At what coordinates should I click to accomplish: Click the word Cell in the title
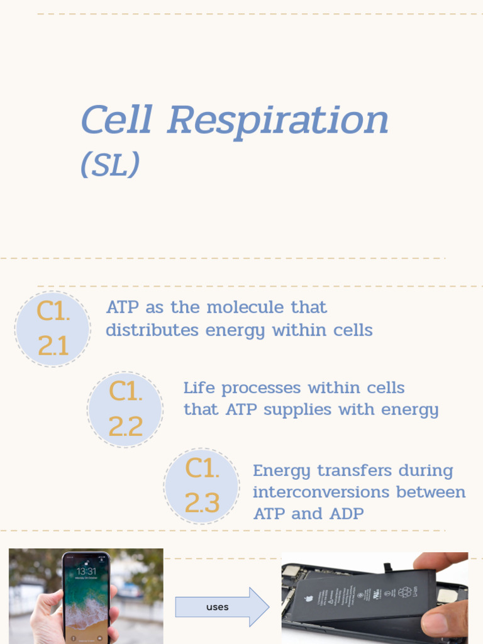coord(116,120)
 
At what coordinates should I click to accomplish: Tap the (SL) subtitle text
coord(110,165)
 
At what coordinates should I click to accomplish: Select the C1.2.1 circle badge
coord(53,329)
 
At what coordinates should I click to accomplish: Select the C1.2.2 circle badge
coord(125,409)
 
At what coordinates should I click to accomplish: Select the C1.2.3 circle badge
coord(202,486)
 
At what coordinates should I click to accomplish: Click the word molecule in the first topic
coord(245,308)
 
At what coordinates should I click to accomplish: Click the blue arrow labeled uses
coord(221,607)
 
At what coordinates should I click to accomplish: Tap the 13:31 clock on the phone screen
coord(86,572)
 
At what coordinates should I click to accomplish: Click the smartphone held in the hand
coord(86,597)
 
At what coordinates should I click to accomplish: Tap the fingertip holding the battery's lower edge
coord(440,623)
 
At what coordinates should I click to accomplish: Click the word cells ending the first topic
coord(353,330)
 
